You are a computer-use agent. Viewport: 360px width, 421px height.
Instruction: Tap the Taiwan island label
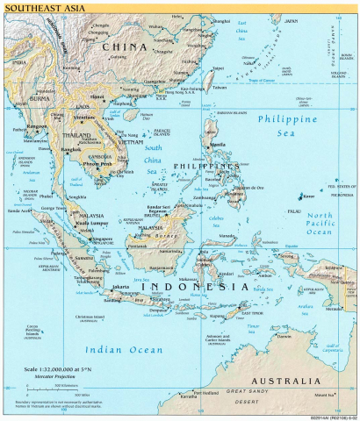219,87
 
